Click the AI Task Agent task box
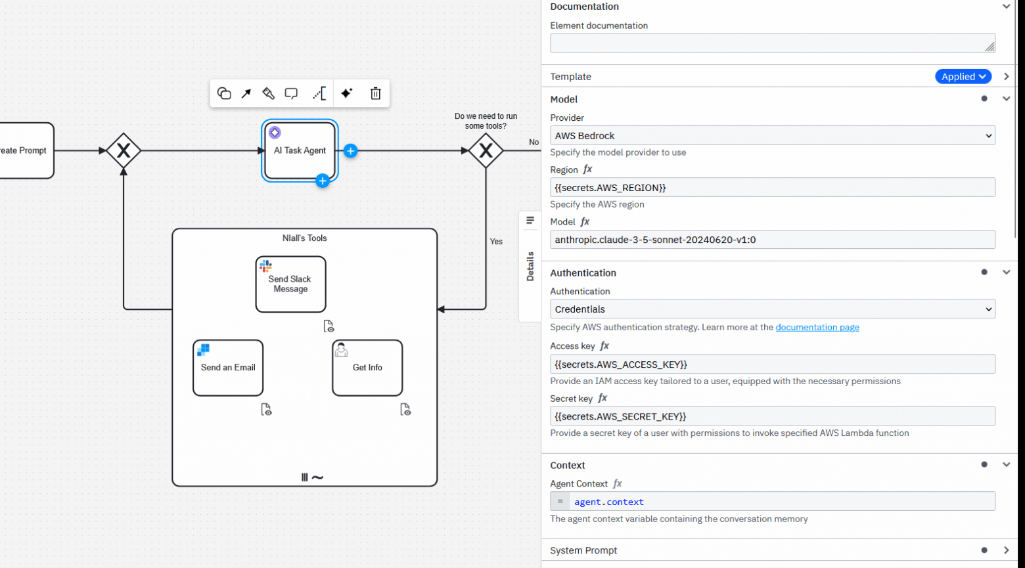coord(300,151)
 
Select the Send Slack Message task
coord(290,284)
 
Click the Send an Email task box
coord(228,368)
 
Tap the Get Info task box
coord(367,368)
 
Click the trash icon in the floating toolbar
coord(375,93)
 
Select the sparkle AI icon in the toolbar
coord(347,93)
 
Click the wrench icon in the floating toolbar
coord(268,93)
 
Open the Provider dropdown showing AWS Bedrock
coord(772,136)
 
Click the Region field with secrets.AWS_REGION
coord(772,188)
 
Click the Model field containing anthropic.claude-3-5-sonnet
coord(772,240)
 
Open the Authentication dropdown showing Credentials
coord(772,309)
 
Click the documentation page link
coord(817,327)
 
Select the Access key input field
coord(772,364)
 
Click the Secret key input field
coord(772,416)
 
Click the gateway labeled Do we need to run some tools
coord(486,151)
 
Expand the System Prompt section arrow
coord(1006,550)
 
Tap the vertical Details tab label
coord(530,266)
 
